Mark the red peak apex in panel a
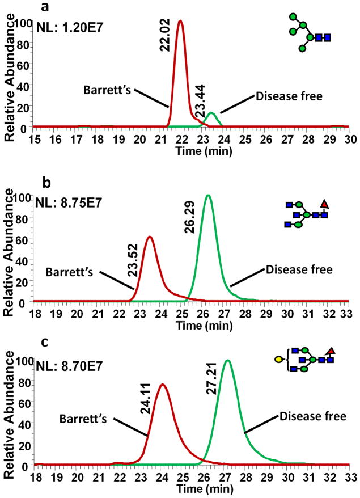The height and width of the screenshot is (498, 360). click(x=180, y=22)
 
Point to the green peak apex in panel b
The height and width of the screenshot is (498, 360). click(x=208, y=196)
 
